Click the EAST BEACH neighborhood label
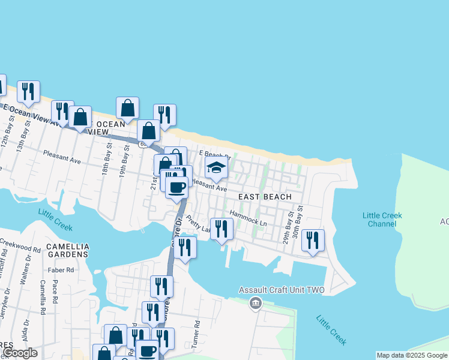point(265,197)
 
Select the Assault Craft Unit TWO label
point(282,290)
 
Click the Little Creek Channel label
point(382,220)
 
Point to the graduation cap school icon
point(216,169)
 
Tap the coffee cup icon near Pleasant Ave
point(176,187)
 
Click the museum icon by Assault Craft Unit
point(256,304)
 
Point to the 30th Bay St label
point(300,223)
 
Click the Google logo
point(20,353)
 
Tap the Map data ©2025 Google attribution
point(412,355)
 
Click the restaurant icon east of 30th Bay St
point(312,240)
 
